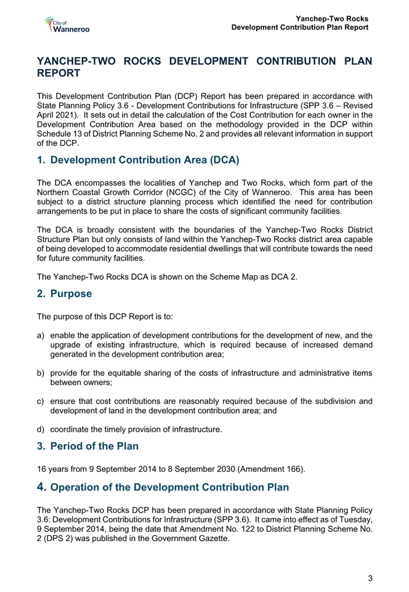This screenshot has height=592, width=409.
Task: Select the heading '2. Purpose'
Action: [64, 294]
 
